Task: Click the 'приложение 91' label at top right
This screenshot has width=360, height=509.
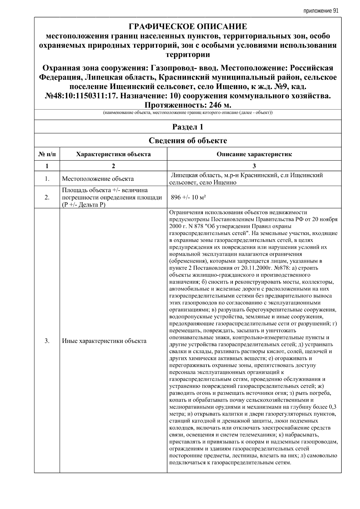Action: coord(321,11)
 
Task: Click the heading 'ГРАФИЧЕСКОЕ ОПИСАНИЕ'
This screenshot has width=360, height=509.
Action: coord(188,27)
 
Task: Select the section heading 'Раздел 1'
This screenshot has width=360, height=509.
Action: coord(188,127)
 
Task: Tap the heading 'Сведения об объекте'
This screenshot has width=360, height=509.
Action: coord(188,140)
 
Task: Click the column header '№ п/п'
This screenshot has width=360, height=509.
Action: coord(47,154)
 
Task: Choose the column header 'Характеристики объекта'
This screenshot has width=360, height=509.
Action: coord(113,154)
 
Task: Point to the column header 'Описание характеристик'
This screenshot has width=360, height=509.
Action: coord(254,154)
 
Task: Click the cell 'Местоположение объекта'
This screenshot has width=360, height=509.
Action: coord(98,179)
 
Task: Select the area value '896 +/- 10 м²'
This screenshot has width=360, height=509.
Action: coord(188,197)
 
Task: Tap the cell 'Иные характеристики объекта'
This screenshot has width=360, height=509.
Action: coord(104,341)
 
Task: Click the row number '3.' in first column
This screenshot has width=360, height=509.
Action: coord(47,341)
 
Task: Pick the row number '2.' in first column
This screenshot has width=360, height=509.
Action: coord(47,197)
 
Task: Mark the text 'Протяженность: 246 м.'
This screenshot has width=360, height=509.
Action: coord(188,105)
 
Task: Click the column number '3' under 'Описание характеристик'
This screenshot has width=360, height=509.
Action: coord(254,166)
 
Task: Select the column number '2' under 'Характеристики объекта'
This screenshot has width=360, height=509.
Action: coord(113,166)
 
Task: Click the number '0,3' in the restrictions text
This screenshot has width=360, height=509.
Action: coord(332,407)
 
